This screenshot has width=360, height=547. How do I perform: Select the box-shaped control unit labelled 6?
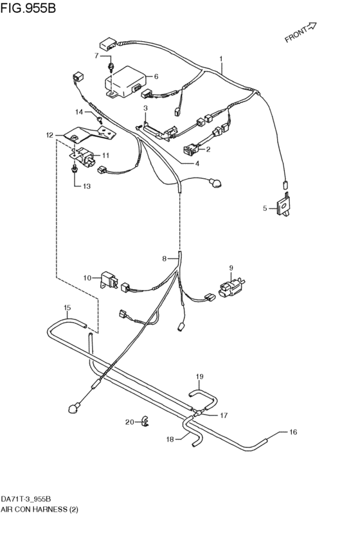point(126,81)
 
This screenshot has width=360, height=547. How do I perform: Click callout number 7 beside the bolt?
point(98,56)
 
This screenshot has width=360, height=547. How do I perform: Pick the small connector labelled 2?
point(192,150)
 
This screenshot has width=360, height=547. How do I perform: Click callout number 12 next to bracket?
point(50,135)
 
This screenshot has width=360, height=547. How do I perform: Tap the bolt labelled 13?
point(75,168)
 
